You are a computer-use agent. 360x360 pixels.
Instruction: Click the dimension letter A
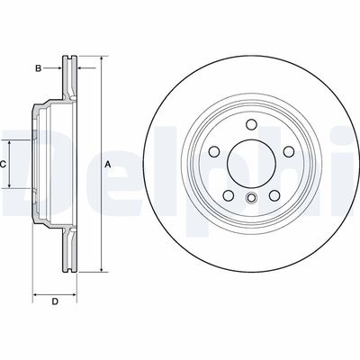point(108,164)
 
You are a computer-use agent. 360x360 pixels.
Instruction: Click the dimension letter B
point(38,67)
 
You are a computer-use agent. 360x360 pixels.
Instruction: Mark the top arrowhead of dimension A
point(101,60)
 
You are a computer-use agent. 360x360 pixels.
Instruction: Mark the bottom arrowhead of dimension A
point(101,268)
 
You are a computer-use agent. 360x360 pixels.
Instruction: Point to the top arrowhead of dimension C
point(11,141)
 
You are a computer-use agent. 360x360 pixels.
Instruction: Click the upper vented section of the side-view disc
point(67,81)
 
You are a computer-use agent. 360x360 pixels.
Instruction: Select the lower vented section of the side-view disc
point(67,247)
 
